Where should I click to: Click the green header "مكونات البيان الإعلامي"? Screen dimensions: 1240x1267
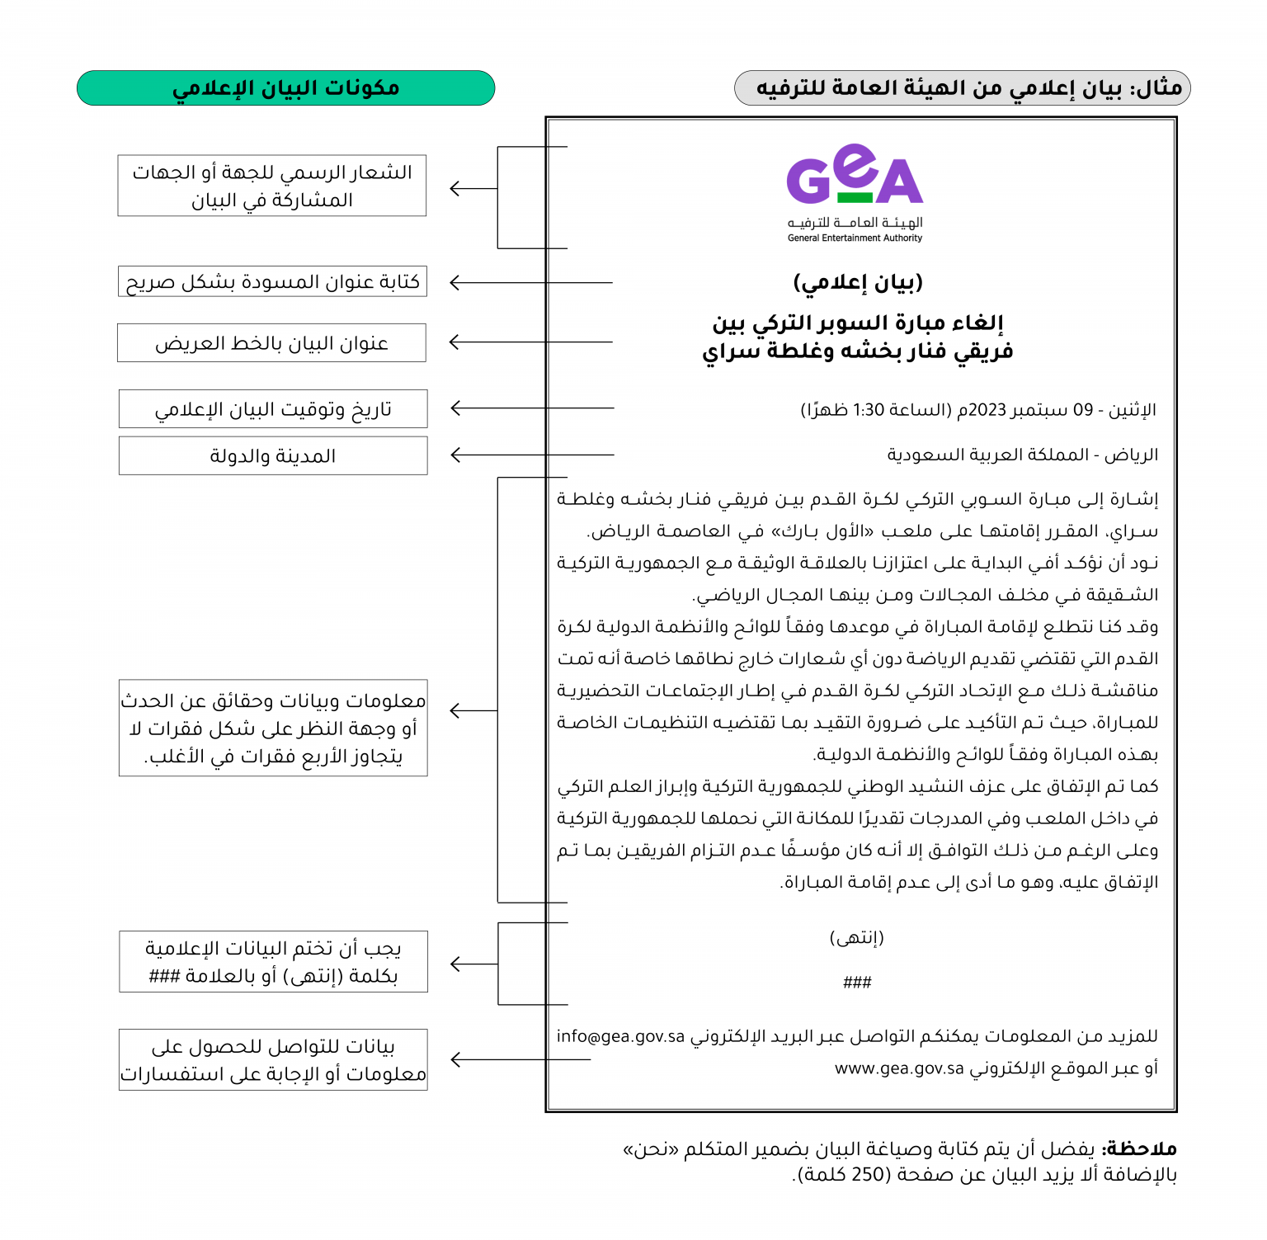[x=285, y=88]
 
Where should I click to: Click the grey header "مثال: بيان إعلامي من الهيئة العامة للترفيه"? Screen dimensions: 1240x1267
[x=962, y=88]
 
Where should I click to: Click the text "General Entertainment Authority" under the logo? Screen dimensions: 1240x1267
[x=855, y=238]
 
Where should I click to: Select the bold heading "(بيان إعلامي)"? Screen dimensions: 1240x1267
[x=858, y=283]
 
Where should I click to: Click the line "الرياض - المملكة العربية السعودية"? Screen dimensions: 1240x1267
[x=1022, y=455]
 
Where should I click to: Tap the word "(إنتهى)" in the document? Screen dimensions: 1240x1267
[x=857, y=938]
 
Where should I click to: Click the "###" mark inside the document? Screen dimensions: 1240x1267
[x=857, y=983]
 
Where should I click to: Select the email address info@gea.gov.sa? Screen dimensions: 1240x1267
[x=620, y=1037]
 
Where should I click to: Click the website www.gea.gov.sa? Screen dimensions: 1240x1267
[x=899, y=1069]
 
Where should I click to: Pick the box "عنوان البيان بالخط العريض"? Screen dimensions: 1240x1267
[x=271, y=343]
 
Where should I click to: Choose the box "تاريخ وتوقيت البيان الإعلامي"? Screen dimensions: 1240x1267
[x=273, y=409]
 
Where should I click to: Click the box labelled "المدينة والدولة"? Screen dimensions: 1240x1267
[x=273, y=456]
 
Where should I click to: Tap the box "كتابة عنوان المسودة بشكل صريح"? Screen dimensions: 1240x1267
[x=272, y=282]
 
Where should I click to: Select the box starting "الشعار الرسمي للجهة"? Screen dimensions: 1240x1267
[x=272, y=186]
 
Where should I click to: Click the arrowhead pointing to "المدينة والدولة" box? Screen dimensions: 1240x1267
[x=455, y=455]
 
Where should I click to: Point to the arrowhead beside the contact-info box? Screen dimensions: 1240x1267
[x=455, y=1060]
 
